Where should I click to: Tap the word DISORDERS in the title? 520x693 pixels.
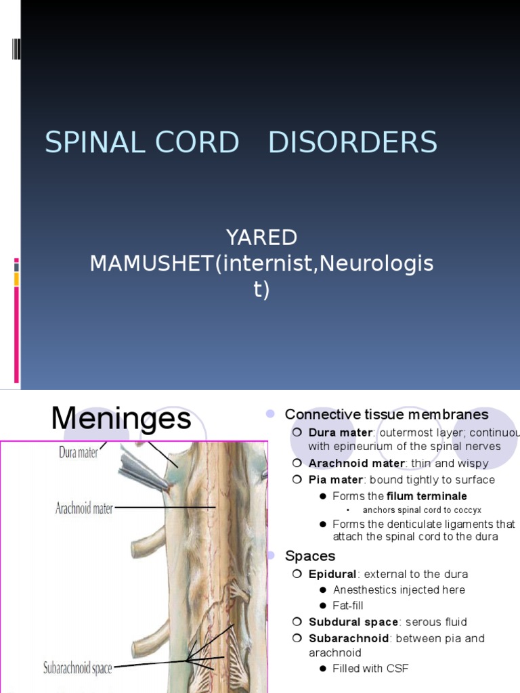(353, 143)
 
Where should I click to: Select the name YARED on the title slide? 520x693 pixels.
(261, 238)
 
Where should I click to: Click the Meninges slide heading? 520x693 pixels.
(121, 420)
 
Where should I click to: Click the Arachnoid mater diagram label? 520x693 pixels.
(84, 508)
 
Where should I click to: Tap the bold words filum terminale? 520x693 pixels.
(427, 496)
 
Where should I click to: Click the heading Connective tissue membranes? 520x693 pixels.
(387, 414)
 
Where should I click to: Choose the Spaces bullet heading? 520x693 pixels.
(310, 556)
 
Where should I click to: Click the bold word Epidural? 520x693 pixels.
(332, 574)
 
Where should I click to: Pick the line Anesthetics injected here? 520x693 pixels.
(399, 589)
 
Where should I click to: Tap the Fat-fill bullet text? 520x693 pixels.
(348, 605)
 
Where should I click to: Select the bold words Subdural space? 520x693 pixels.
(353, 621)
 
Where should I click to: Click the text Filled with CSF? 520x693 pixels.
(370, 669)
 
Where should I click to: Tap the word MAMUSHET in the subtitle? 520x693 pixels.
(152, 264)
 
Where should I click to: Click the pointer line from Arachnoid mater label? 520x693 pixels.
(165, 508)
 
